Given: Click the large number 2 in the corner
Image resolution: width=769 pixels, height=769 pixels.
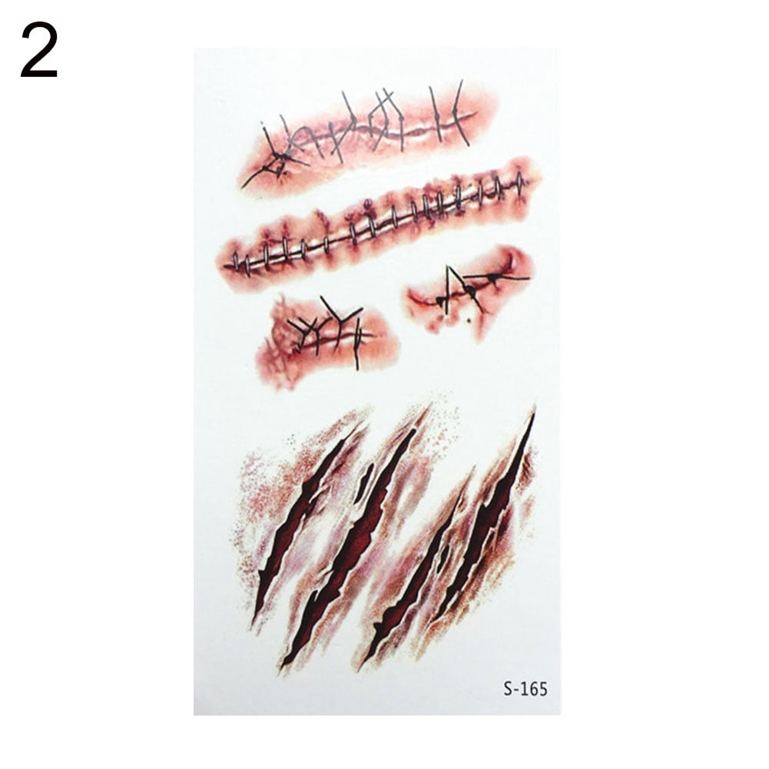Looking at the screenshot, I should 38,50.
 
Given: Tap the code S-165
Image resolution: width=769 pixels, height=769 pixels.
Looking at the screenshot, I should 525,688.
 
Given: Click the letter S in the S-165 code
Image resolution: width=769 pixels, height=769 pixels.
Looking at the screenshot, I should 508,688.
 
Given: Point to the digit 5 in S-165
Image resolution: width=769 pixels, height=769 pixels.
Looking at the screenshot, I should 542,688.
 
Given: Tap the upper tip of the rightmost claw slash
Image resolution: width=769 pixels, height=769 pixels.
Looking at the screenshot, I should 532,416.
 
